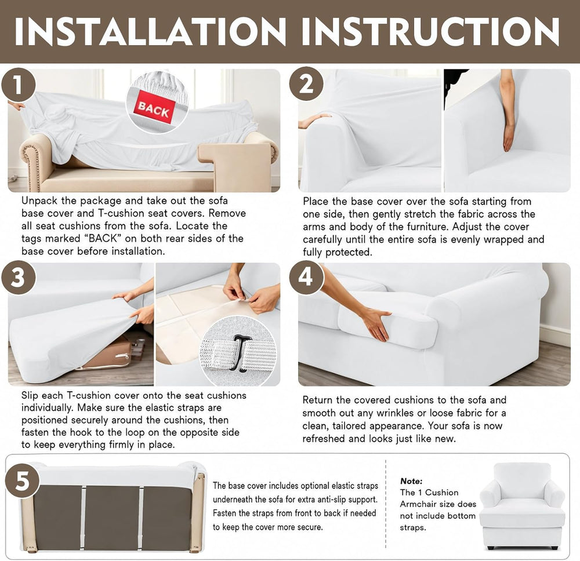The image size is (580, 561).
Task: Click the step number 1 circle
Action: pyautogui.click(x=19, y=85)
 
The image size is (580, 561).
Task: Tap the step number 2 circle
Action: pyautogui.click(x=306, y=84)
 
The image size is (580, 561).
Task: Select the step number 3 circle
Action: pyautogui.click(x=19, y=278)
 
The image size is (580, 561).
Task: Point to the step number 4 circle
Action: pyautogui.click(x=306, y=277)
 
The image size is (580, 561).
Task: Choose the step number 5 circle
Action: pyautogui.click(x=22, y=481)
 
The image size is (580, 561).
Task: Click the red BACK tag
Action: pyautogui.click(x=154, y=109)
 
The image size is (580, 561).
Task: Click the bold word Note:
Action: pyautogui.click(x=411, y=481)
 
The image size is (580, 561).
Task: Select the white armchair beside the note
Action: pyautogui.click(x=522, y=505)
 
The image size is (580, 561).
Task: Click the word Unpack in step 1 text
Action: pyautogui.click(x=40, y=201)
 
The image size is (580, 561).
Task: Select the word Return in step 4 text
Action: pyautogui.click(x=318, y=400)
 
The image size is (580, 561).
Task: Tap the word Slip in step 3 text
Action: pyautogui.click(x=30, y=395)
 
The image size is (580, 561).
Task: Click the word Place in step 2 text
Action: pyautogui.click(x=316, y=202)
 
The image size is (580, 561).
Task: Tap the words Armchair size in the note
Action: pyautogui.click(x=438, y=504)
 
